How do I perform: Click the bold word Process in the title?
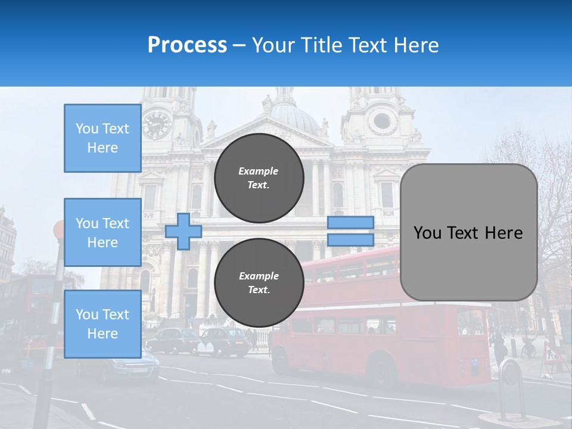point(187,45)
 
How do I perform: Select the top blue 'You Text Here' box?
point(102,138)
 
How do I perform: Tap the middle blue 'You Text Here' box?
point(102,232)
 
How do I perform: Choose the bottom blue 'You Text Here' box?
point(102,324)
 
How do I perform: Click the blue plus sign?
point(184,231)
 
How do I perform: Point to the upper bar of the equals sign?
point(350,222)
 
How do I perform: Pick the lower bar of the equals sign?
point(350,240)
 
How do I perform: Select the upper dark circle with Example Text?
point(259,178)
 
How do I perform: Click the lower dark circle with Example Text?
point(259,282)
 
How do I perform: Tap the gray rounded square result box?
point(468,232)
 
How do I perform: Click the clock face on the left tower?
point(157,125)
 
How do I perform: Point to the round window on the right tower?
point(382,122)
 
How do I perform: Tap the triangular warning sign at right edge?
point(552,355)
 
